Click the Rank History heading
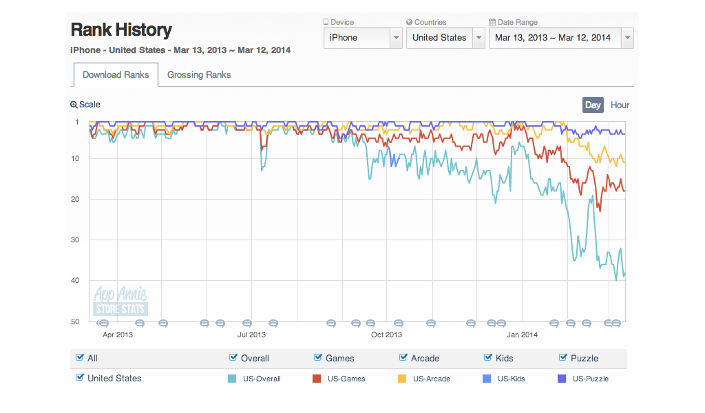(121, 30)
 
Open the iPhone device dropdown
(363, 38)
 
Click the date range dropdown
(561, 38)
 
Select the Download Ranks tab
(116, 75)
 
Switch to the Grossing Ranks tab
(199, 75)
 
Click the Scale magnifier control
(85, 105)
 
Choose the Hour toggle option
(620, 105)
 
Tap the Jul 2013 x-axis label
(251, 335)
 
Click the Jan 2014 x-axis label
(522, 335)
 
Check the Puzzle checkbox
(563, 358)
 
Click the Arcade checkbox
(403, 358)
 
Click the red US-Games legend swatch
(317, 379)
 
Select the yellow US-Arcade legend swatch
(403, 379)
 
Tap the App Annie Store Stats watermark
(120, 301)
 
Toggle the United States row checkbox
(80, 378)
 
